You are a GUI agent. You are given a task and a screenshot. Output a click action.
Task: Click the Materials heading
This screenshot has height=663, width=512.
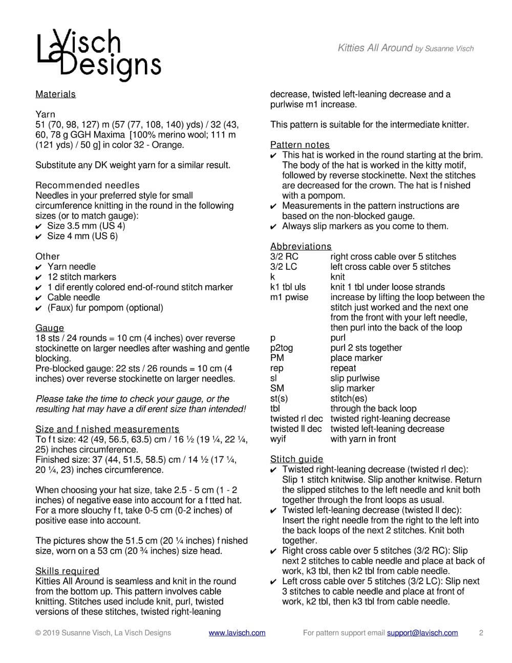point(55,94)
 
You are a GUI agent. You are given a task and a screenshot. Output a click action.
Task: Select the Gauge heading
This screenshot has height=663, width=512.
point(50,328)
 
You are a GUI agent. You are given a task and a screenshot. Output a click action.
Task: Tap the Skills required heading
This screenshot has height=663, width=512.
point(67,571)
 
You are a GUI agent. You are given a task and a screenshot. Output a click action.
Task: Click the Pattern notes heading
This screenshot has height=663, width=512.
point(300,145)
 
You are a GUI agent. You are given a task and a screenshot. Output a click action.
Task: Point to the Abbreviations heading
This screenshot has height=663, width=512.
point(301,246)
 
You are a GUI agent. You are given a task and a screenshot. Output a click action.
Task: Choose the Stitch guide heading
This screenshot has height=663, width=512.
point(296,459)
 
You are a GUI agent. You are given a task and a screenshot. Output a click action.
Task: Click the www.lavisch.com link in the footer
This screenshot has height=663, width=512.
point(237,633)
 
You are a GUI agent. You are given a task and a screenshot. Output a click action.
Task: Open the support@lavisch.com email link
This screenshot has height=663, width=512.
point(422,633)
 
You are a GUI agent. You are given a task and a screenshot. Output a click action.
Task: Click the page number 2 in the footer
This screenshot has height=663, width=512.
point(481,633)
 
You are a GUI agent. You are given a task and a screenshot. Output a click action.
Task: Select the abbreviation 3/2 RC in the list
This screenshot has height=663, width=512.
point(284,256)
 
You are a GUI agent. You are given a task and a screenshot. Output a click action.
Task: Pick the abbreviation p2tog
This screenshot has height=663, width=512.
point(282,348)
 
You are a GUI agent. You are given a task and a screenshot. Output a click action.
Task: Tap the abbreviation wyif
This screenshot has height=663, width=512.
point(278,439)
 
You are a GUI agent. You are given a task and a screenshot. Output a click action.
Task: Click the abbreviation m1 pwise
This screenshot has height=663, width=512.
point(289,297)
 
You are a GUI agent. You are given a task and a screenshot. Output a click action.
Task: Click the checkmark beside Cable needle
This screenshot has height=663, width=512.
point(38,298)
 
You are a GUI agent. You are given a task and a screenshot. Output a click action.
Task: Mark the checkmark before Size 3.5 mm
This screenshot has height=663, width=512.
point(38,226)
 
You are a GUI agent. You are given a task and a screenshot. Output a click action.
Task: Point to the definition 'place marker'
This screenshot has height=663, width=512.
point(356,358)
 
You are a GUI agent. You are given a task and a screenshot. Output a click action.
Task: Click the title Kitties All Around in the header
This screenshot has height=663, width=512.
point(375,48)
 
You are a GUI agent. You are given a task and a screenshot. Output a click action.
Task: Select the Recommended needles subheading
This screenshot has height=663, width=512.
point(87,185)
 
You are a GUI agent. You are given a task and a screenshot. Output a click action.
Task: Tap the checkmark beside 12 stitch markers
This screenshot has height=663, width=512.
point(38,277)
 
